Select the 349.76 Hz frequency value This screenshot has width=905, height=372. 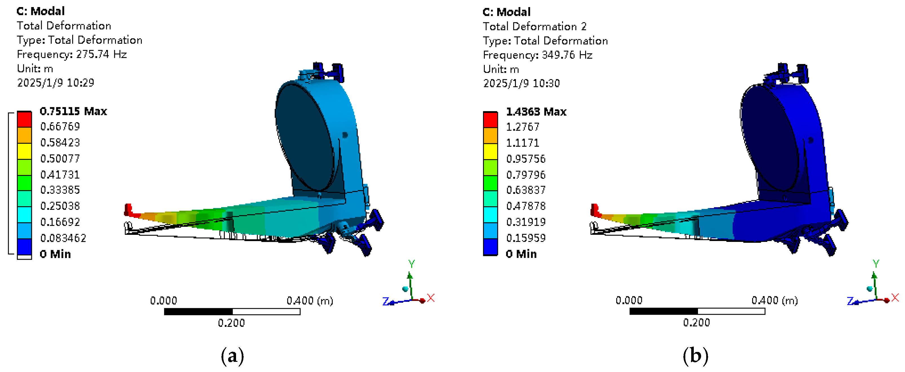[567, 55]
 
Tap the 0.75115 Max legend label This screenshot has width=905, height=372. [73, 111]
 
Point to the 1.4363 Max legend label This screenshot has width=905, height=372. [536, 112]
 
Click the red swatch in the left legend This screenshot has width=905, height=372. [25, 119]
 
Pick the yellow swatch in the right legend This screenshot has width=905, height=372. [490, 152]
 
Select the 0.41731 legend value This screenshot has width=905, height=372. [60, 175]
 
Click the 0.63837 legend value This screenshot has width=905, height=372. [526, 190]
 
